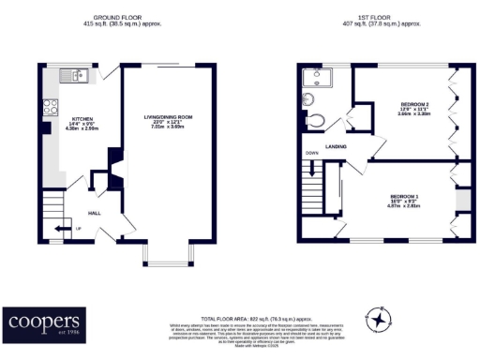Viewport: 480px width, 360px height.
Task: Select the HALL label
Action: tap(95, 213)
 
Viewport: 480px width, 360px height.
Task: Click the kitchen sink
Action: tap(77, 75)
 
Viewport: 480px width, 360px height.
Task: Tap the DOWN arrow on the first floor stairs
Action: tap(310, 169)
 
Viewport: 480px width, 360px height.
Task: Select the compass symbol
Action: tap(378, 320)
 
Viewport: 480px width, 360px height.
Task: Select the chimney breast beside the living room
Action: tap(113, 169)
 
